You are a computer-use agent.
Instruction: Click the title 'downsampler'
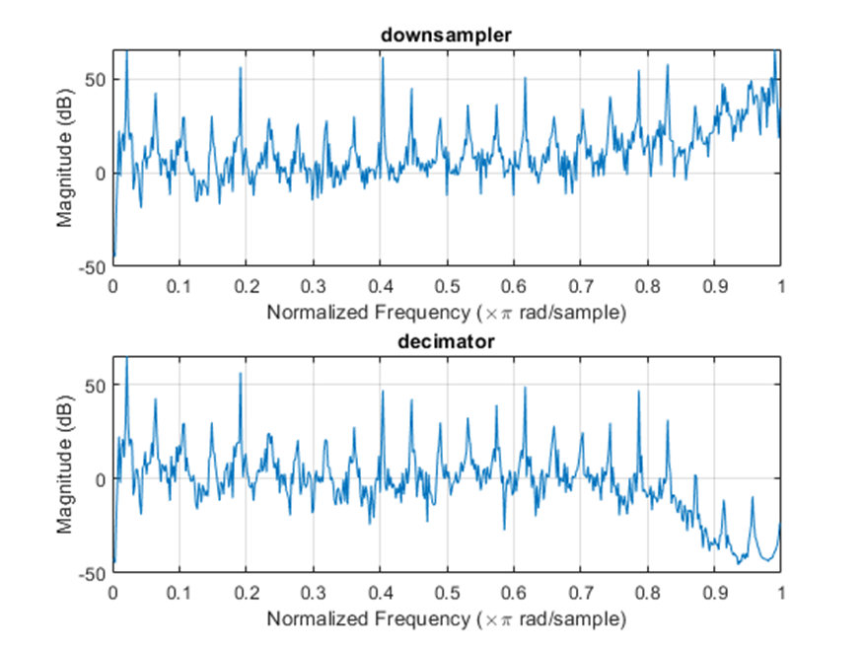click(x=447, y=36)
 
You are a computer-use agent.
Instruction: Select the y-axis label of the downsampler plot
click(x=65, y=158)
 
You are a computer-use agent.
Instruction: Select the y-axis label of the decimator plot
click(x=65, y=464)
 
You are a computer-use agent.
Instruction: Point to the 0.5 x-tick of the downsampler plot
click(x=447, y=286)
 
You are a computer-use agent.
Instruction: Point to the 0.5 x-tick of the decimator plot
click(x=447, y=592)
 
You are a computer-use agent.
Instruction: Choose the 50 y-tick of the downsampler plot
click(x=97, y=79)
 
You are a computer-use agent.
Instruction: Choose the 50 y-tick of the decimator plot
click(x=97, y=385)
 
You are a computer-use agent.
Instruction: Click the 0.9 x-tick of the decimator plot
click(x=714, y=592)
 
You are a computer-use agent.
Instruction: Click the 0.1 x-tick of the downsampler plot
click(x=180, y=286)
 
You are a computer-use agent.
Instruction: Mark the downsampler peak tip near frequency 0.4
click(x=382, y=58)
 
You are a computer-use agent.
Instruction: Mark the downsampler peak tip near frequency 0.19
click(x=240, y=68)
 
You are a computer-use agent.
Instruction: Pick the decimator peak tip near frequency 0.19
click(x=240, y=373)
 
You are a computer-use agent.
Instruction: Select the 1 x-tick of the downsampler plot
click(x=781, y=286)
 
